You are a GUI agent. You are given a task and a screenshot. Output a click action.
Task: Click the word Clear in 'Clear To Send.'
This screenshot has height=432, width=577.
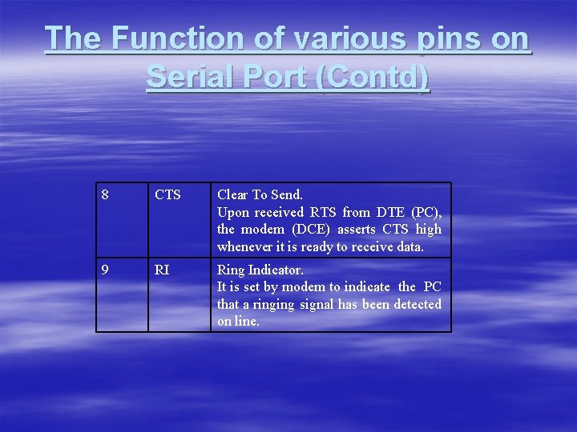[233, 194]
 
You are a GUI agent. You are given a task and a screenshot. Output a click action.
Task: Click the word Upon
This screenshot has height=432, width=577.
[232, 212]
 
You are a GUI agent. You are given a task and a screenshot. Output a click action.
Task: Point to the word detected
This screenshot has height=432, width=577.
[417, 304]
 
